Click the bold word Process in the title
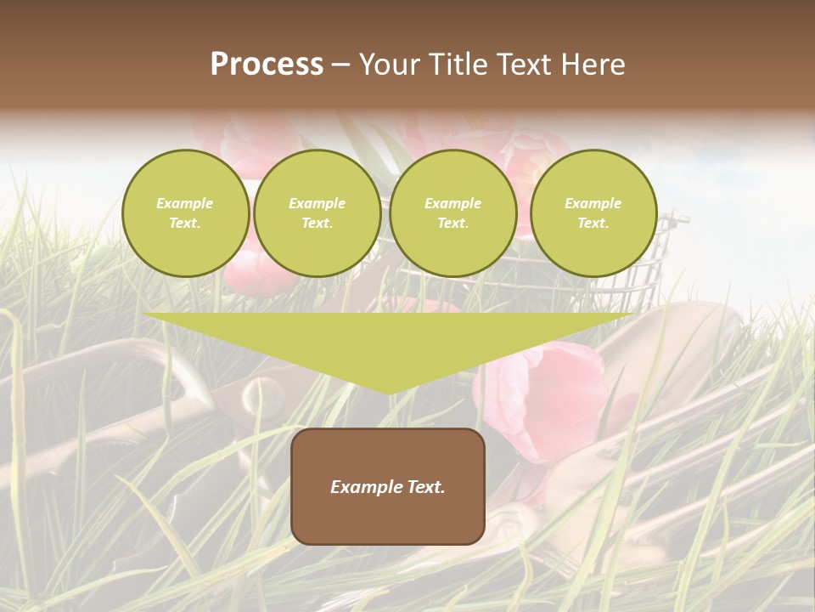[267, 65]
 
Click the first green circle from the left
[186, 213]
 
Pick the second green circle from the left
[318, 213]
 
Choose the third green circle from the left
[453, 213]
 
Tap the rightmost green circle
[593, 213]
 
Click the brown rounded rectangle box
[388, 486]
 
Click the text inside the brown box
[388, 487]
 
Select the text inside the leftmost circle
[185, 213]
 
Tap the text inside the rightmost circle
[593, 213]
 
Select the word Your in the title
[387, 65]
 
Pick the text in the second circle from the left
[318, 213]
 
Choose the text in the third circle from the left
[453, 213]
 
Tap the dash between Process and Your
[340, 65]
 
